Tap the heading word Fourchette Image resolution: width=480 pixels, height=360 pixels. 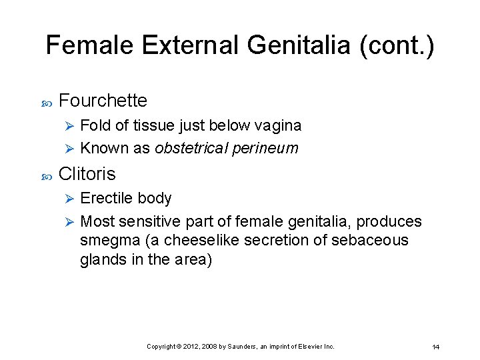click(103, 101)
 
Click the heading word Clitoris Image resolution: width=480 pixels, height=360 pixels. click(87, 174)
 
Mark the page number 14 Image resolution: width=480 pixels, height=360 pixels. click(436, 347)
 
